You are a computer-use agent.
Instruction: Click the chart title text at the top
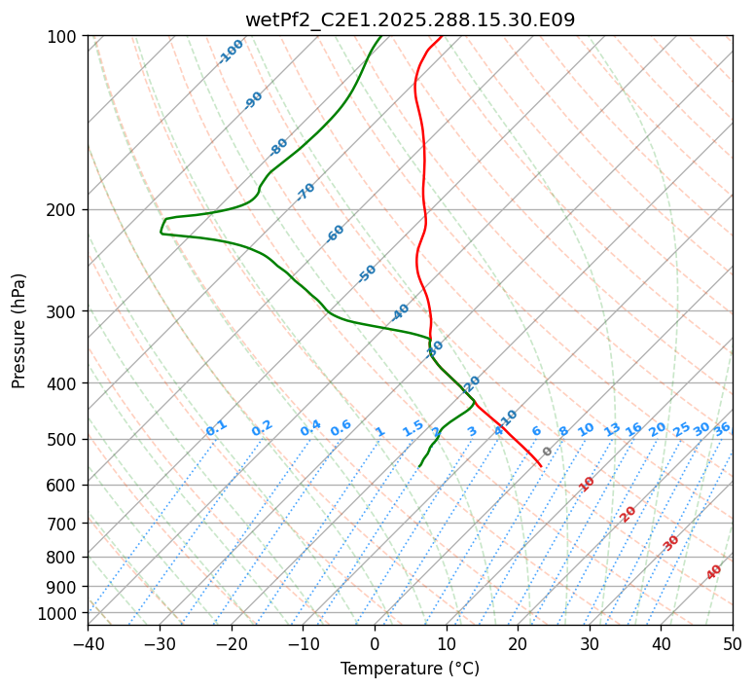point(410,18)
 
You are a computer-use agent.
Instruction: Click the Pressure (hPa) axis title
point(18,331)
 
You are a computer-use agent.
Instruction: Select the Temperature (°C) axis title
point(410,670)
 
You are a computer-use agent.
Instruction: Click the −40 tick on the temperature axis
point(88,644)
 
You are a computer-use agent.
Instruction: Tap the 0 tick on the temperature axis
point(375,644)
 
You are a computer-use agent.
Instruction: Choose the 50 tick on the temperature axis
point(733,644)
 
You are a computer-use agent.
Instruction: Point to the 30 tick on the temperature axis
point(590,644)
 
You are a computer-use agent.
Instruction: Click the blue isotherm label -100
point(232,52)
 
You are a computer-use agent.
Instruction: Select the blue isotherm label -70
point(305,192)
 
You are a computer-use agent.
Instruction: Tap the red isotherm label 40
point(714,572)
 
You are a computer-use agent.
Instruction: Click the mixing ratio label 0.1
point(216,428)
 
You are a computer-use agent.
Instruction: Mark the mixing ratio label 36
point(722,429)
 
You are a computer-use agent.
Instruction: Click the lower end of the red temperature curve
point(541,466)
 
